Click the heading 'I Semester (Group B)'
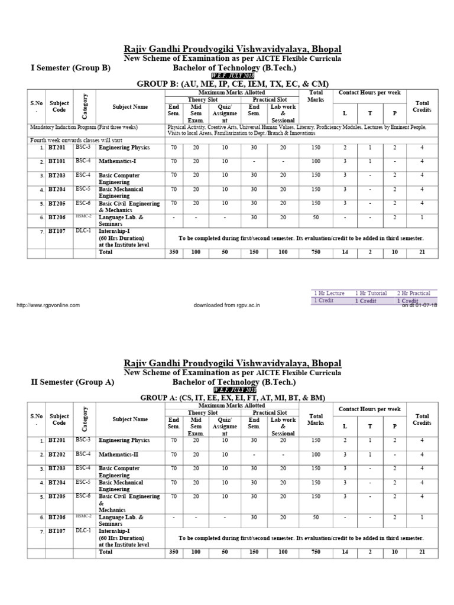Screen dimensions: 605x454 pos(70,68)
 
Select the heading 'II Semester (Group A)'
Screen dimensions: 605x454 pos(72,382)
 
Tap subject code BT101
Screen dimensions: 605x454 pos(57,161)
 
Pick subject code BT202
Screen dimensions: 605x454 pos(57,454)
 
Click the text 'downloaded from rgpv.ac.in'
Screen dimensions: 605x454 pos(227,305)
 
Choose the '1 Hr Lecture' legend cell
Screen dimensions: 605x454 pos(330,293)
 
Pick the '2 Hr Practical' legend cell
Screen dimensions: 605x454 pos(413,293)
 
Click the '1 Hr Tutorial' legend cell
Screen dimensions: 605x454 pos(371,293)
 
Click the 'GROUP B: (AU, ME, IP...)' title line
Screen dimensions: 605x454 pos(232,84)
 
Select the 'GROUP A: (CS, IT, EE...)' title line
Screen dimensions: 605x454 pos(232,398)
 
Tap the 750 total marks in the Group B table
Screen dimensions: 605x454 pos(316,252)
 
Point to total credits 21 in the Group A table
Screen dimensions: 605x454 pos(421,552)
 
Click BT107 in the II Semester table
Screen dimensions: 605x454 pos(57,531)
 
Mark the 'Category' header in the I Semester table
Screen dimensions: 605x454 pos(85,106)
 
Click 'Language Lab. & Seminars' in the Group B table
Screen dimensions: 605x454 pos(121,220)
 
